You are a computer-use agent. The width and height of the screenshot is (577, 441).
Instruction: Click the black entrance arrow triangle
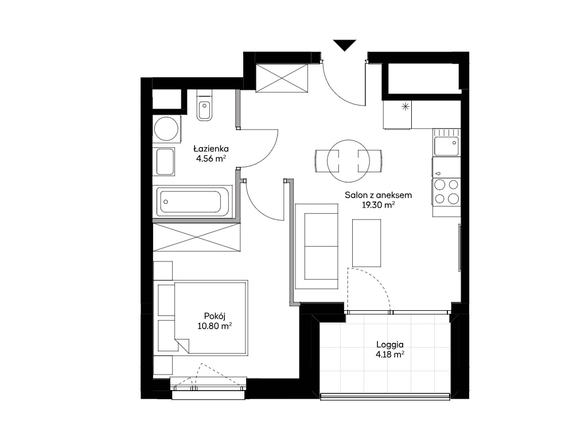[x=345, y=44]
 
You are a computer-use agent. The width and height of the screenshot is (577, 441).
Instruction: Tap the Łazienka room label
[x=211, y=149]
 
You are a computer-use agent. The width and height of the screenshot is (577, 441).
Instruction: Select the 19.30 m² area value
[x=379, y=205]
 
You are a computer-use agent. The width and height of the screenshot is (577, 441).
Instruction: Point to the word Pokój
[x=215, y=316]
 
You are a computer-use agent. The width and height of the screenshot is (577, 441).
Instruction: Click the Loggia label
[x=390, y=345]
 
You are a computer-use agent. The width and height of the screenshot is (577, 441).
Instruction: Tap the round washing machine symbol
[x=166, y=129]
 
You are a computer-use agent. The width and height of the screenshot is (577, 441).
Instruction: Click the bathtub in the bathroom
[x=193, y=202]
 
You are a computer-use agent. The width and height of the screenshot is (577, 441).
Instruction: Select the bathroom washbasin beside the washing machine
[x=165, y=162]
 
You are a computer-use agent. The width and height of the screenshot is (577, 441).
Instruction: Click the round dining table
[x=348, y=161]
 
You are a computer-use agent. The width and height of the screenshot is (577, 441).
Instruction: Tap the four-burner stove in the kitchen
[x=446, y=192]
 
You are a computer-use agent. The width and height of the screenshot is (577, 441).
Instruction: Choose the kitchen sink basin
[x=446, y=146]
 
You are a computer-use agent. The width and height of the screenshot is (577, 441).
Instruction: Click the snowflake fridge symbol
[x=405, y=107]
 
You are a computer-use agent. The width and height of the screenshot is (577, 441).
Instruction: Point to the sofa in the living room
[x=317, y=247]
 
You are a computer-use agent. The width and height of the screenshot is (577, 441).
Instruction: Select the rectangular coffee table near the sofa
[x=367, y=243]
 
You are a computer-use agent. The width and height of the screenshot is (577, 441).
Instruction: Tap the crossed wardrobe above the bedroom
[x=197, y=237]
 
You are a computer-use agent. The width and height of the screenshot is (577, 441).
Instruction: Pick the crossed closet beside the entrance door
[x=282, y=79]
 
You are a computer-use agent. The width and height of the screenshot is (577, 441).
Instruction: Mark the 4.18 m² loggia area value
[x=390, y=355]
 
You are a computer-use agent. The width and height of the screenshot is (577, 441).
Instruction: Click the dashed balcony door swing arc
[x=379, y=282]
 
